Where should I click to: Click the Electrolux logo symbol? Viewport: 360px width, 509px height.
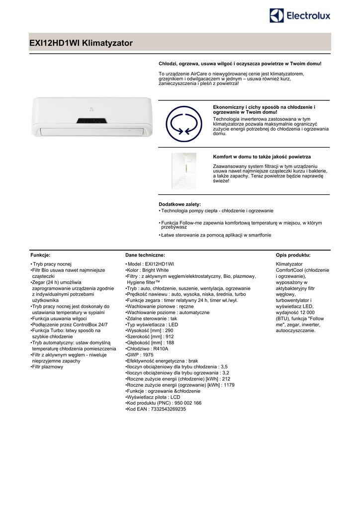click(x=277, y=16)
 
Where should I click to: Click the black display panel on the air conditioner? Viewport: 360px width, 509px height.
click(x=91, y=121)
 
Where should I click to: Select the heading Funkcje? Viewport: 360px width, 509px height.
click(x=40, y=254)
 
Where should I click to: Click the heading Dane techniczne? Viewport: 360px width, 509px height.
click(x=145, y=254)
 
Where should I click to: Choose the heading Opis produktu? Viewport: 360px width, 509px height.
click(x=293, y=254)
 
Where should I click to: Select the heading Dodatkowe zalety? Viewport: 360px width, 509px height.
click(x=180, y=204)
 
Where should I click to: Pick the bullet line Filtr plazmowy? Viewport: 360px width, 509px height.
click(x=48, y=367)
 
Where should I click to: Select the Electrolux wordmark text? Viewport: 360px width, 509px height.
click(x=308, y=16)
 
